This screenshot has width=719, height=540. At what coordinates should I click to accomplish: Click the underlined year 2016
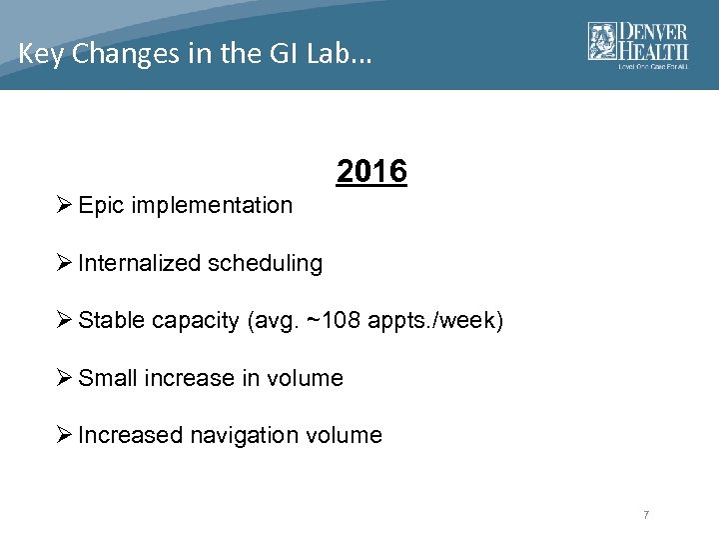pos(371,172)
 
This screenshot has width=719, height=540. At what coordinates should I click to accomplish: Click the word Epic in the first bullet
pos(100,206)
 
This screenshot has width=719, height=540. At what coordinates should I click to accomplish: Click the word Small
pos(108,378)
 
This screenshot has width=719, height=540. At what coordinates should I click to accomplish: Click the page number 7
pos(646,515)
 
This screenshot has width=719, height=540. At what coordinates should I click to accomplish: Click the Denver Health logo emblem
pos(602,41)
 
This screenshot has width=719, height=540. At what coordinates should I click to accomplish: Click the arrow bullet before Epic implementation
pos(65,206)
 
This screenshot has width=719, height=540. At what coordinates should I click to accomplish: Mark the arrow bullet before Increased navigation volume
pos(65,436)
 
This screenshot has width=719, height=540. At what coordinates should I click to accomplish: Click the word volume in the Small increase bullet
pos(308,378)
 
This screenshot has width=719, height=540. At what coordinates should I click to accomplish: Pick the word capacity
pos(195,322)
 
